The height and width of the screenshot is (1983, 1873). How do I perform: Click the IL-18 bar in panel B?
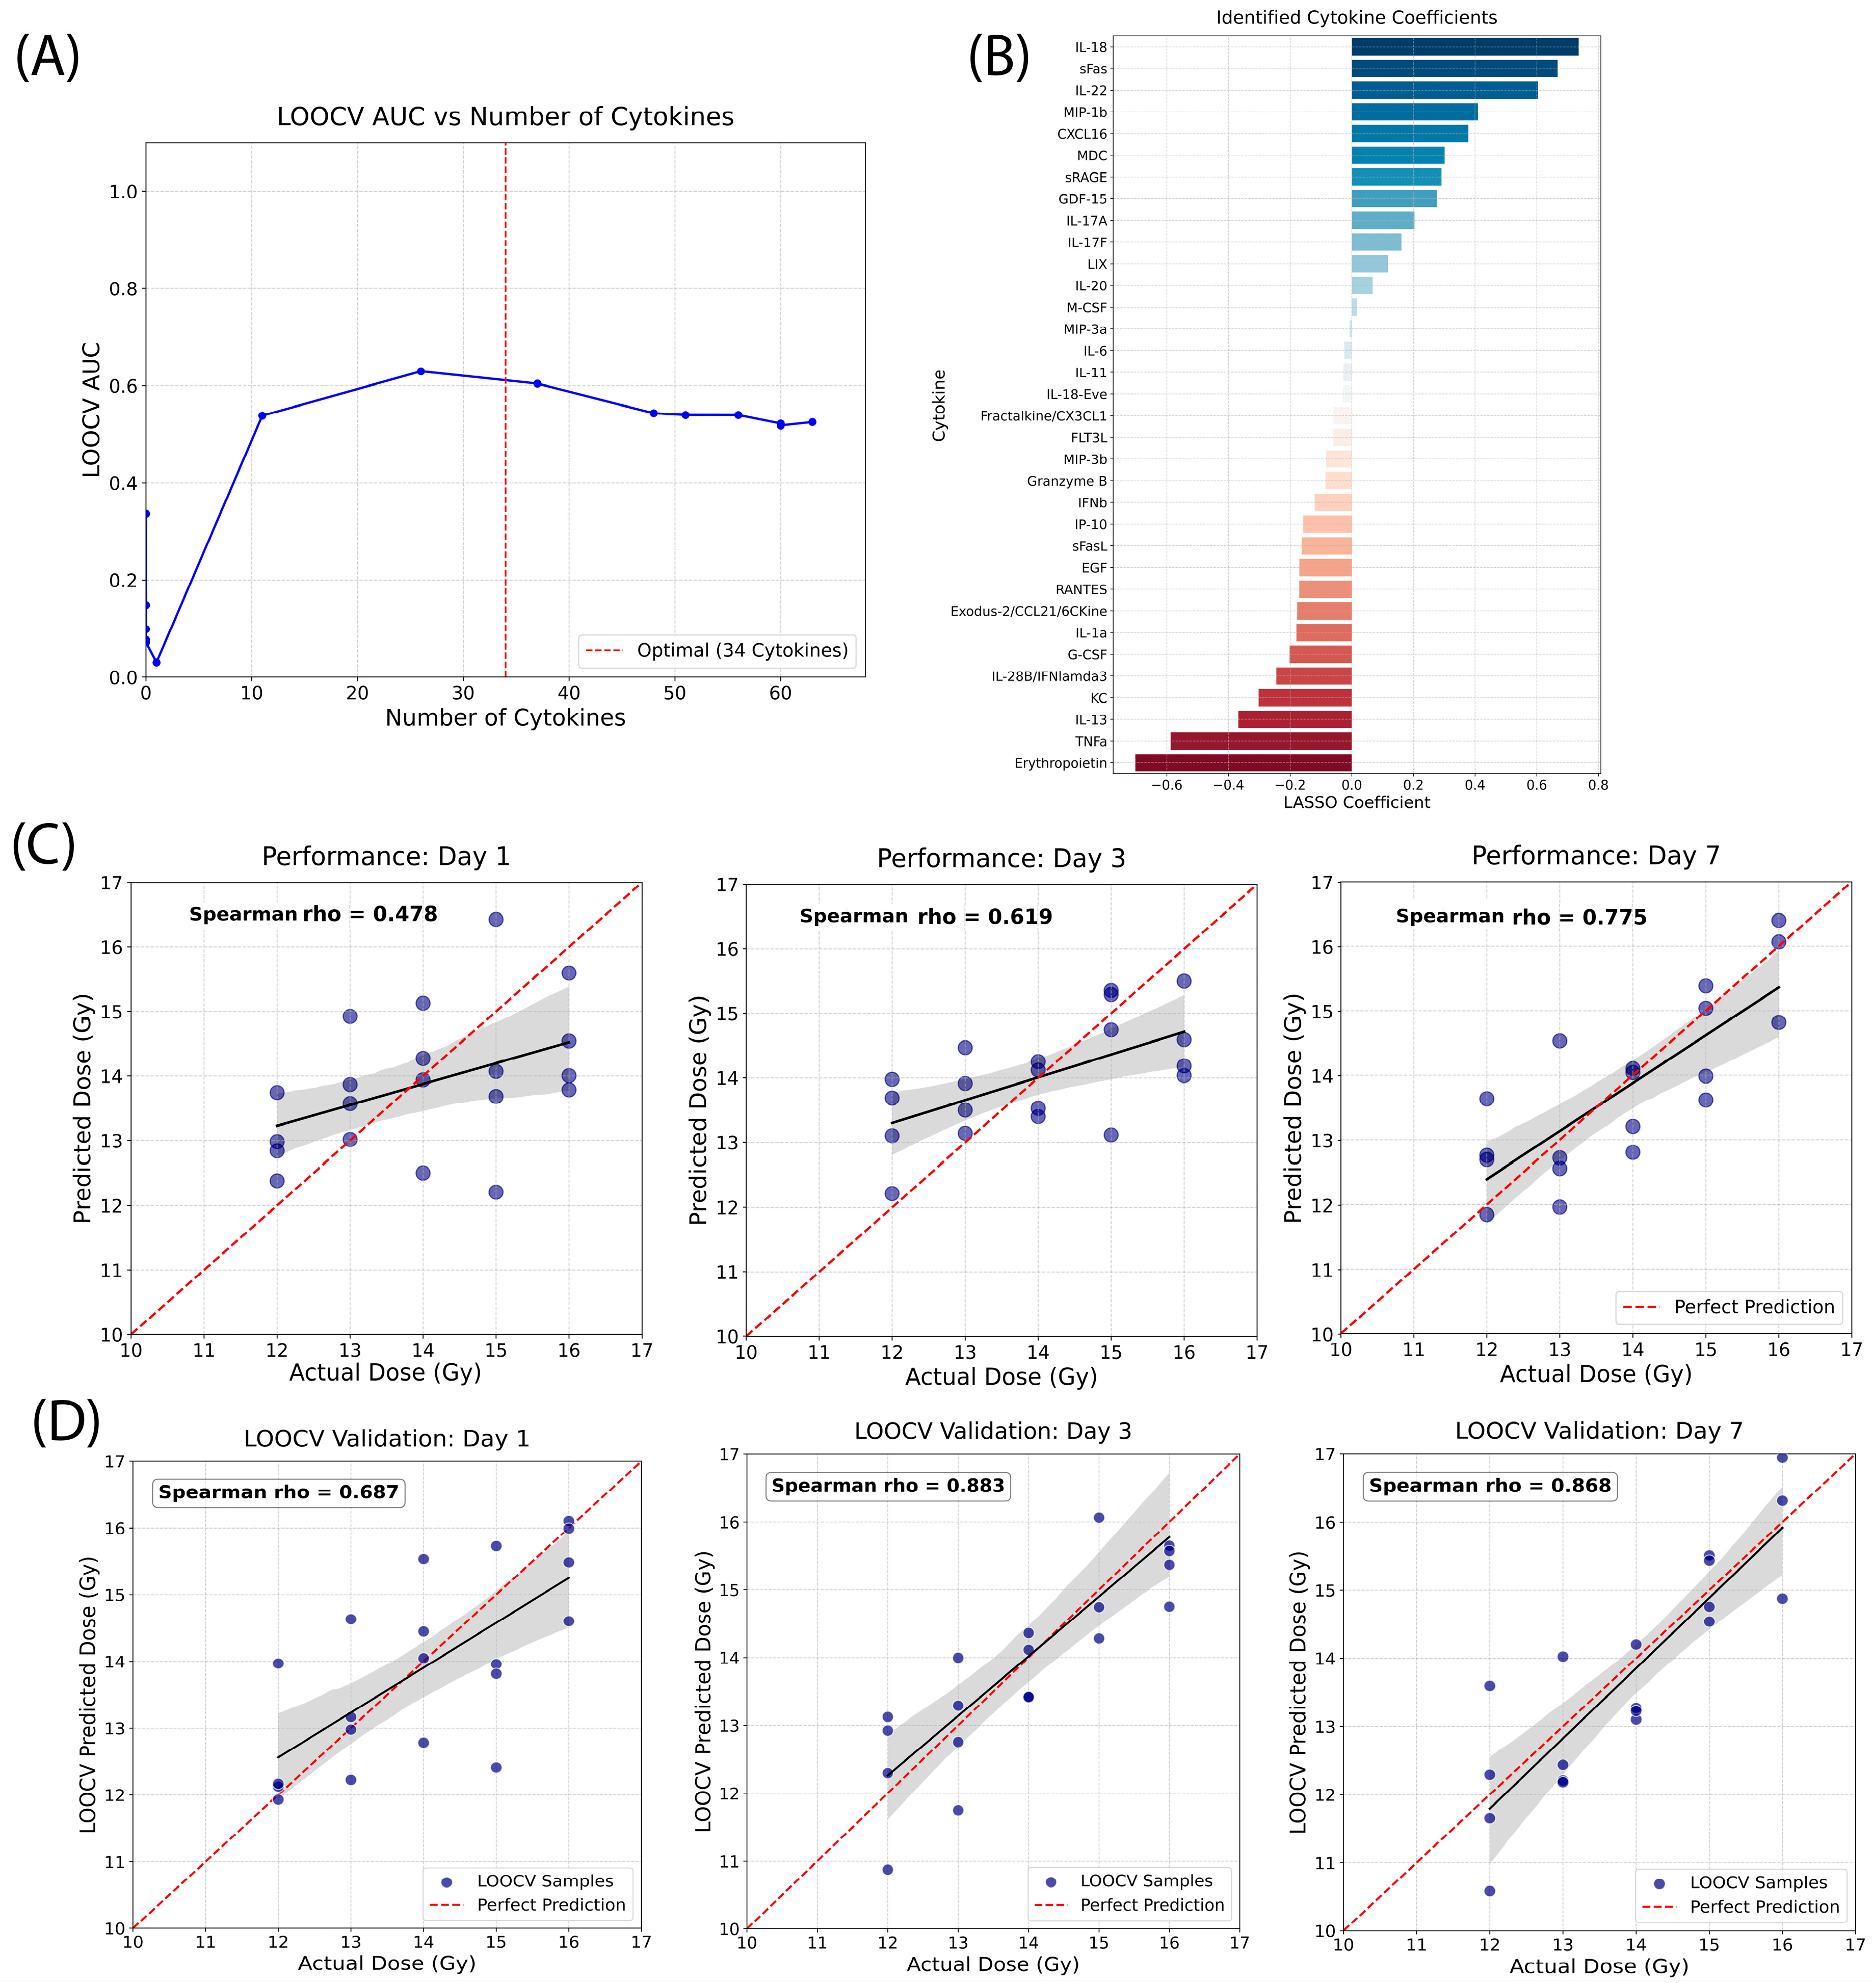coord(1464,47)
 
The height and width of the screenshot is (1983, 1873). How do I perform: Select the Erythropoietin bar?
coord(1243,763)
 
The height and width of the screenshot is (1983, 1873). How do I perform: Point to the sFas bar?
coord(1454,69)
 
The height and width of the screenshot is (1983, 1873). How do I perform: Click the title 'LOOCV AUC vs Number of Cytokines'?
coord(505,117)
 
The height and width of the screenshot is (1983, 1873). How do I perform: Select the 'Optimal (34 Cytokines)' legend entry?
coord(717,650)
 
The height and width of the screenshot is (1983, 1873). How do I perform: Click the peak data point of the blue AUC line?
coord(420,372)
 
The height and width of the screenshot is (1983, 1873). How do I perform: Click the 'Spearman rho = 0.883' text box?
coord(888,1486)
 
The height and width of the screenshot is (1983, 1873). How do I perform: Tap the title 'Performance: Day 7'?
coord(1595,856)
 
